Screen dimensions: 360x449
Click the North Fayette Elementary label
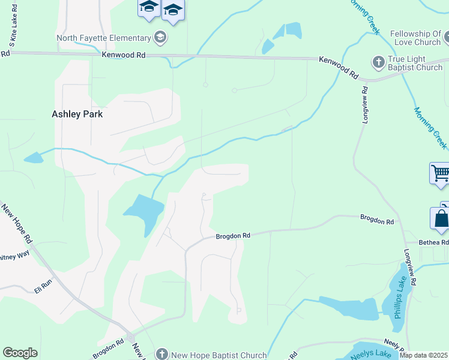tap(104, 38)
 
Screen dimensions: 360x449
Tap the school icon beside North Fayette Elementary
tap(160, 38)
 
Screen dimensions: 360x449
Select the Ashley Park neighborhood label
tap(77, 114)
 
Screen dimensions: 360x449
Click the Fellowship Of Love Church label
tap(415, 38)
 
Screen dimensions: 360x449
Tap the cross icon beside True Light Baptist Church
tap(378, 62)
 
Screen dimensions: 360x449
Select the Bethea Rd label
tap(435, 242)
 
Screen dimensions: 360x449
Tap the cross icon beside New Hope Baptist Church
tap(161, 355)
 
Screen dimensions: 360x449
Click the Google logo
tap(20, 353)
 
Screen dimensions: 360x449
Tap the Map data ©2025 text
tap(423, 355)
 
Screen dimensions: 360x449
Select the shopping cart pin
tap(440, 173)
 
